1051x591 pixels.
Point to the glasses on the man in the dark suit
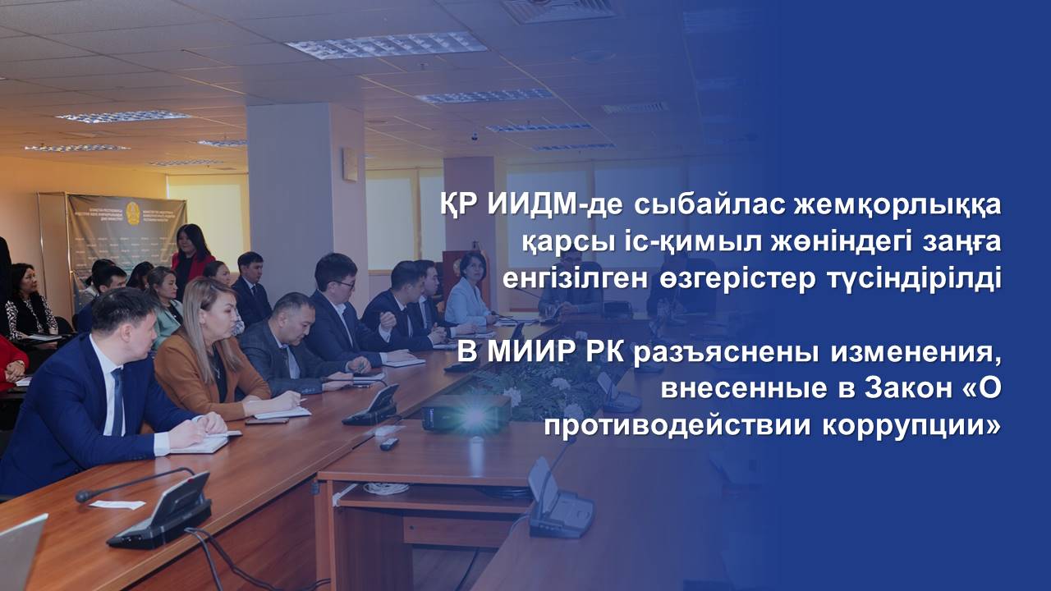(344, 283)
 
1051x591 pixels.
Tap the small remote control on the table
(389, 443)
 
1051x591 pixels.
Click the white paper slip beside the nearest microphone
(117, 504)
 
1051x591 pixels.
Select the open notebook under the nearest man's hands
(202, 442)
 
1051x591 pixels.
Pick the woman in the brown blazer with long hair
(211, 352)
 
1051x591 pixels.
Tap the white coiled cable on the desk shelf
(386, 488)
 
